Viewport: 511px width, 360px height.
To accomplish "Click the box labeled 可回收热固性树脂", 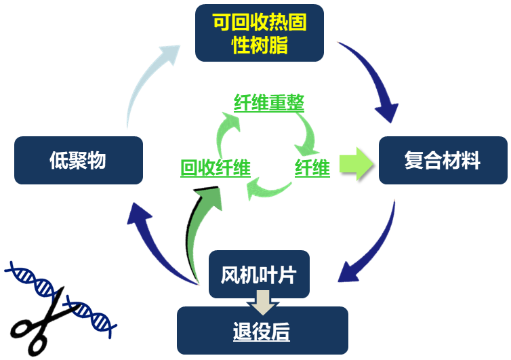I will coord(259,33).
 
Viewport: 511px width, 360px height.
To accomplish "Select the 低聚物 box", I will coord(78,161).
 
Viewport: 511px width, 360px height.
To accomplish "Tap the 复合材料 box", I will coord(443,161).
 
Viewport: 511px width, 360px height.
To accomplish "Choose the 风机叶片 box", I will coord(258,273).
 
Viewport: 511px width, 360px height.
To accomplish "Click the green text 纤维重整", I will coord(269,102).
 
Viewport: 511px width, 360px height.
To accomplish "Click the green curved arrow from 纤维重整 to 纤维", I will coord(304,132).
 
